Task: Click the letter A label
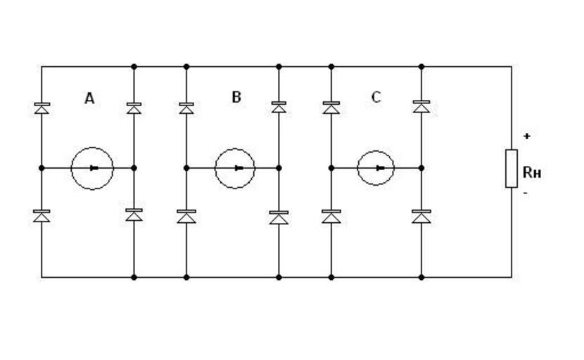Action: [x=89, y=98]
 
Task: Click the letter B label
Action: [x=236, y=97]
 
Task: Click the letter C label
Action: [x=376, y=97]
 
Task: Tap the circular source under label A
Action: [x=92, y=168]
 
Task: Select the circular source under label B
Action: [x=234, y=168]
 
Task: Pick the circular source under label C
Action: [x=376, y=168]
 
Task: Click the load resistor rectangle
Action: [x=512, y=168]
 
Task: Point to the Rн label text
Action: [x=532, y=172]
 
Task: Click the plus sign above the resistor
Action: [x=526, y=136]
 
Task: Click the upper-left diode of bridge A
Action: [x=42, y=108]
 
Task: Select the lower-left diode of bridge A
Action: [x=42, y=216]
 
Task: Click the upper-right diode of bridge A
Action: [x=134, y=108]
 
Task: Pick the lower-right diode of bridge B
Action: [x=279, y=217]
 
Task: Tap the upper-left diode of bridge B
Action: [x=186, y=108]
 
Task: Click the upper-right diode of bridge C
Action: [x=421, y=107]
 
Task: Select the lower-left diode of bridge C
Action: [x=331, y=216]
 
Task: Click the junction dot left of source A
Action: [x=42, y=168]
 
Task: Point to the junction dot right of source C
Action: [x=421, y=168]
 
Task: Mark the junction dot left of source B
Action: [x=186, y=168]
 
